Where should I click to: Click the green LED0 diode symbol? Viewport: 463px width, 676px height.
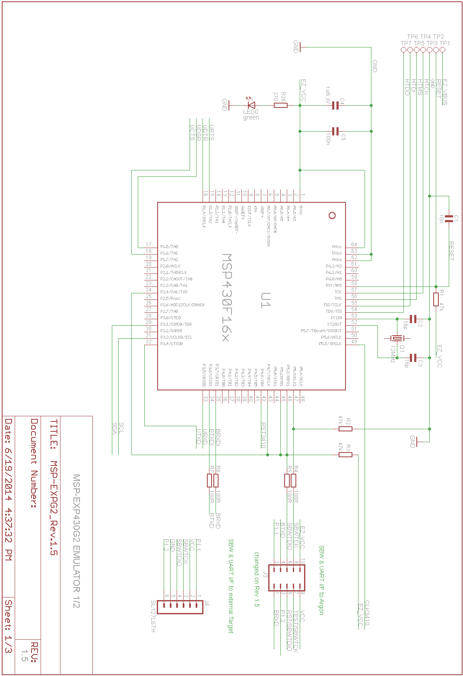point(251,104)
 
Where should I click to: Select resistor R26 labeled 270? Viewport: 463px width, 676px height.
point(281,105)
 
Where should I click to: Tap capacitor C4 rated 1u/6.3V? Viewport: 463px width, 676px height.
point(335,105)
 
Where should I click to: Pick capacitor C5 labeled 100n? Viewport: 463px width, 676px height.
point(335,131)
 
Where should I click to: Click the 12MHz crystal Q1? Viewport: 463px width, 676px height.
point(394,338)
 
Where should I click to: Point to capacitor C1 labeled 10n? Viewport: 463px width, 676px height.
point(449,219)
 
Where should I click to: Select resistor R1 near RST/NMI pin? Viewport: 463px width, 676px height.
point(436,299)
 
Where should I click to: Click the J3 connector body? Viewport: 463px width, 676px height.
point(287,578)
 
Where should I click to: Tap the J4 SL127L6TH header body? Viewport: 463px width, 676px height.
point(180,607)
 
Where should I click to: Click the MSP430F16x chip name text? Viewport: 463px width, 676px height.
point(226,297)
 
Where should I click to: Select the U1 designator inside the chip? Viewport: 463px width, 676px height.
point(265,300)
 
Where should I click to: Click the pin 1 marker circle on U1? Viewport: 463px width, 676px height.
point(332,215)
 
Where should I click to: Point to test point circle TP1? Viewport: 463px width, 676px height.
point(442,50)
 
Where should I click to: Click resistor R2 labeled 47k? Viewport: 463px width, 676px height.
point(346,429)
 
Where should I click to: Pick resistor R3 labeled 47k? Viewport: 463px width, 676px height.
point(346,454)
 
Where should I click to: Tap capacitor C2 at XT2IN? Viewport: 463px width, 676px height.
point(413,319)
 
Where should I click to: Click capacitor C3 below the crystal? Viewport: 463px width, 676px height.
point(413,358)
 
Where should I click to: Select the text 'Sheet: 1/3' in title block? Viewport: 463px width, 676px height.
point(9,626)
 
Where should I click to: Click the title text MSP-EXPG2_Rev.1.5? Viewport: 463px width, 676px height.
point(54,487)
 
